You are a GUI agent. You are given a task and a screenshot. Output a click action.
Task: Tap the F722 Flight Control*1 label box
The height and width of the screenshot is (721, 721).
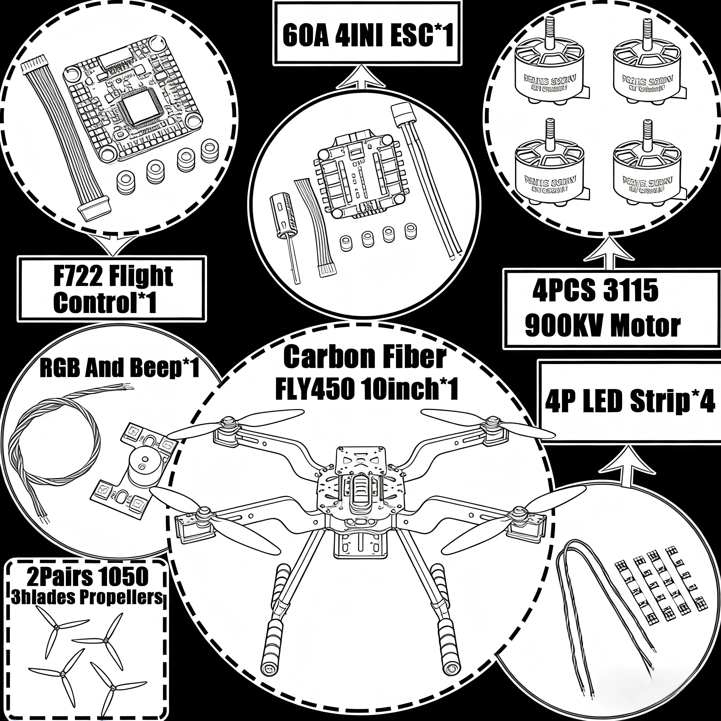[112, 289]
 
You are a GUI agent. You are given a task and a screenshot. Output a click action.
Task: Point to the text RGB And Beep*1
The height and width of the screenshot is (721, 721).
[119, 368]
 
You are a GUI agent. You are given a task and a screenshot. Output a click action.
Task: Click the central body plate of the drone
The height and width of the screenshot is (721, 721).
[360, 485]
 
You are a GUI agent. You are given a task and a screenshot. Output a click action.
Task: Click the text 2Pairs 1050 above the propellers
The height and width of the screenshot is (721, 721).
[88, 577]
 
